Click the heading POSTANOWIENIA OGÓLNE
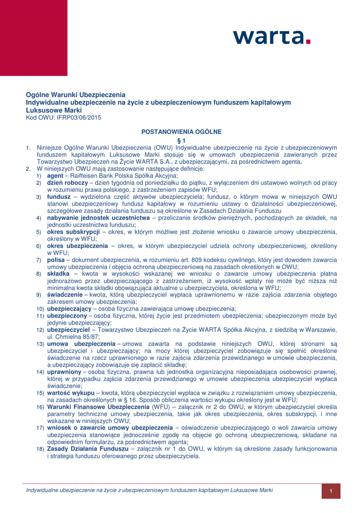coord(181,132)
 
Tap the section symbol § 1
coord(181,140)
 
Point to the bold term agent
coord(55,176)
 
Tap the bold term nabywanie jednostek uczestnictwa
coord(98,218)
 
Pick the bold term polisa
coord(56,260)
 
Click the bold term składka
coord(58,274)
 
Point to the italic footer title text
coord(149,489)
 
